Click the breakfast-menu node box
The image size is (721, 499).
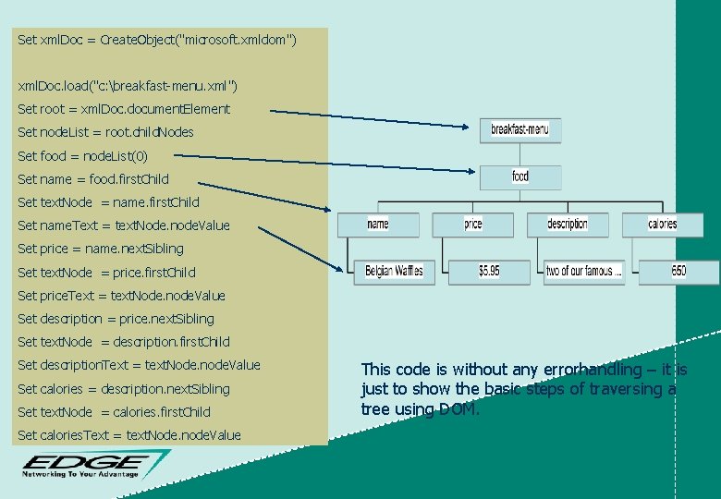520,130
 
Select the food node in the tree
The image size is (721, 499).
520,176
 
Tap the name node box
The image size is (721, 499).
378,224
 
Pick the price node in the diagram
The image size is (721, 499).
473,224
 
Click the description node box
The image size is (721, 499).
567,224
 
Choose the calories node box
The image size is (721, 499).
662,224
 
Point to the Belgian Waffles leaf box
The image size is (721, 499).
394,271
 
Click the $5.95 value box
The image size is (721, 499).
489,271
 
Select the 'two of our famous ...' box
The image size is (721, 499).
584,271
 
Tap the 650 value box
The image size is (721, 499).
679,271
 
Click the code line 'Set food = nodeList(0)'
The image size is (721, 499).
82,155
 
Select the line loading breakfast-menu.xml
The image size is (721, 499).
128,86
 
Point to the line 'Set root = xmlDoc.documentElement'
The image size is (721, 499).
124,109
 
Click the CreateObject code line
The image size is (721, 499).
157,40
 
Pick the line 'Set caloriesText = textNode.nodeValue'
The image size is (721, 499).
129,435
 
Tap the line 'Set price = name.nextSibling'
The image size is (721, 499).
101,249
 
